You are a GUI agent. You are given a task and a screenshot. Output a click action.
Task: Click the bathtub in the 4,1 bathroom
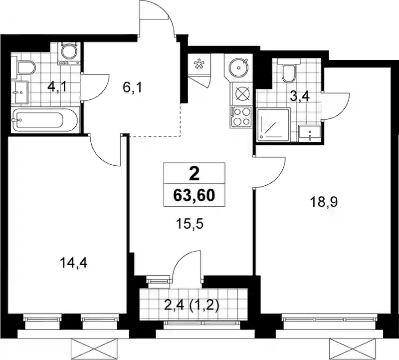pos(44,120)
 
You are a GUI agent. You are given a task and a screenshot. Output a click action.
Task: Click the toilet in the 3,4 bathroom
pos(289,71)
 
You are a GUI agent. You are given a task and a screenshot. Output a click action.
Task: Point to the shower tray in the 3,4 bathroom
pos(273,125)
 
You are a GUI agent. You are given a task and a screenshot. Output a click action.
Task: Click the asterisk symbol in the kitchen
pos(198,64)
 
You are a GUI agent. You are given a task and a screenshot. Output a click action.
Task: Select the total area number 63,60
pos(194,196)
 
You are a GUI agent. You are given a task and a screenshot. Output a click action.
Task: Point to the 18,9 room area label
pos(324,203)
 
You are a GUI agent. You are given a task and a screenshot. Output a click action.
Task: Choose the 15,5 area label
pos(190,224)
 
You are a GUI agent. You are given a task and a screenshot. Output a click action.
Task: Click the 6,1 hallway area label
pos(132,88)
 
